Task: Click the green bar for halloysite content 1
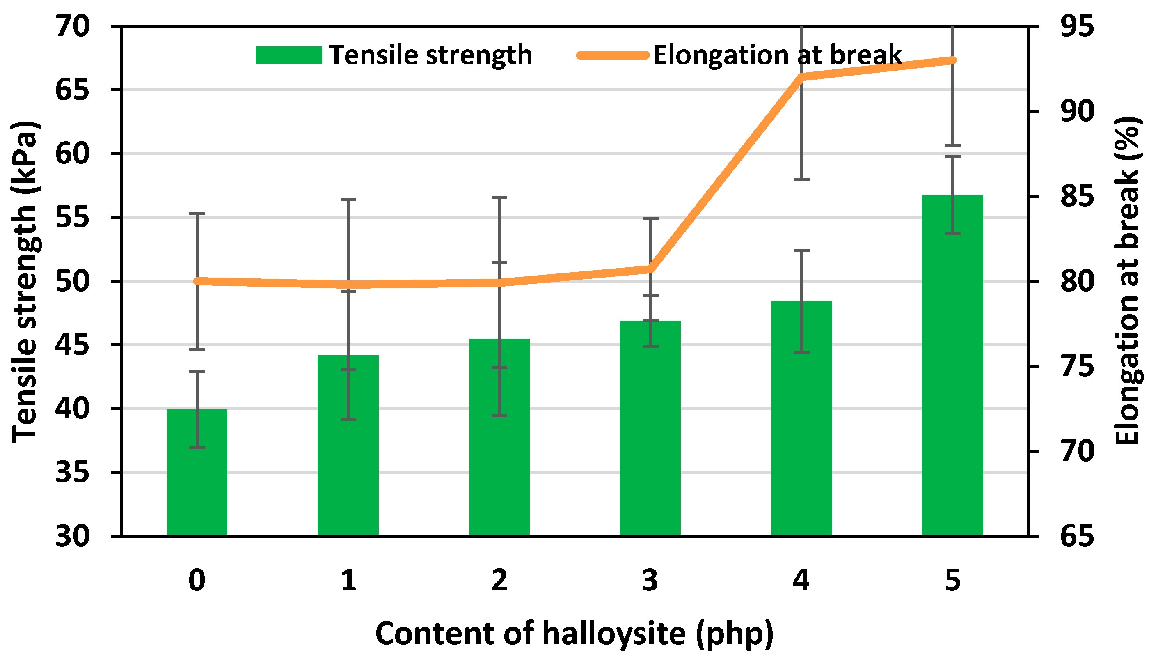coord(348,451)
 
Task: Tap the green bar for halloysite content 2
coord(499,442)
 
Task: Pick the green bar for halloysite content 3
coord(650,433)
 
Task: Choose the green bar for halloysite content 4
coord(801,424)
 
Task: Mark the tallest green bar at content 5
coord(952,370)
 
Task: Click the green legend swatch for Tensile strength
coord(289,55)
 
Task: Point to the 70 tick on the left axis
coord(72,26)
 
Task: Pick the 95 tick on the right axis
coord(1077,26)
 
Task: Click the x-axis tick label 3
coord(650,580)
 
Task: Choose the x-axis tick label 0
coord(197,580)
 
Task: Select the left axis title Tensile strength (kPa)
coord(25,282)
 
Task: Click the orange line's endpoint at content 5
coord(952,60)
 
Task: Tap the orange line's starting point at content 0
coord(197,281)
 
